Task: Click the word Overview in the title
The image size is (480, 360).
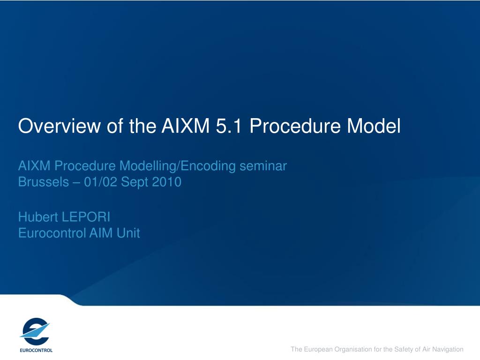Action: pyautogui.click(x=60, y=126)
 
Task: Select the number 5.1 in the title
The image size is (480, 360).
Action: pyautogui.click(x=229, y=126)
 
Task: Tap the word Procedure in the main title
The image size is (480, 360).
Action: pyautogui.click(x=295, y=126)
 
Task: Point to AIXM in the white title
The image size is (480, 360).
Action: pyautogui.click(x=186, y=126)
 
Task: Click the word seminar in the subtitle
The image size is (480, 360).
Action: pyautogui.click(x=263, y=166)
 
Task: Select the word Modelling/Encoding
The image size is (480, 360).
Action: pyautogui.click(x=178, y=166)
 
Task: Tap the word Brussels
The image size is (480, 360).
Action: pyautogui.click(x=44, y=182)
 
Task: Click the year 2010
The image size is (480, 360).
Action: pyautogui.click(x=167, y=182)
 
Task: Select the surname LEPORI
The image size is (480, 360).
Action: pyautogui.click(x=86, y=217)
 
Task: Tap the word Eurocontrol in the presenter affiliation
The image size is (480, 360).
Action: pyautogui.click(x=52, y=233)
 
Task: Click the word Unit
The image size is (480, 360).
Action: pyautogui.click(x=128, y=233)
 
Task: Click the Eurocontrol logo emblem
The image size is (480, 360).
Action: pyautogui.click(x=35, y=331)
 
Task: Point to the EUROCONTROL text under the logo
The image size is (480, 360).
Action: pyautogui.click(x=36, y=350)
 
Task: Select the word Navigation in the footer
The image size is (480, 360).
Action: pyautogui.click(x=448, y=349)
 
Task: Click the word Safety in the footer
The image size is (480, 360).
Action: pyautogui.click(x=404, y=349)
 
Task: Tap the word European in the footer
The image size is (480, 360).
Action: pyautogui.click(x=318, y=350)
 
